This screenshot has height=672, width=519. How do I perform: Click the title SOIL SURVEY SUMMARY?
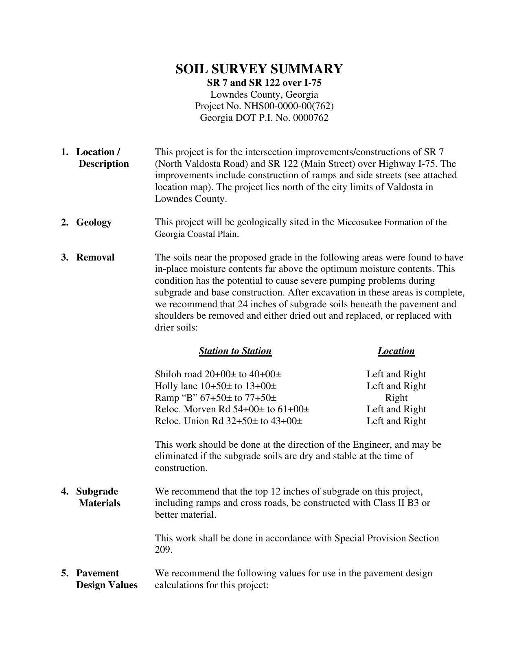click(x=259, y=69)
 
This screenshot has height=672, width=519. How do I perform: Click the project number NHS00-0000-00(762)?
click(x=289, y=106)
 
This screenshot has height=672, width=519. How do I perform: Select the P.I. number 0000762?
click(x=310, y=118)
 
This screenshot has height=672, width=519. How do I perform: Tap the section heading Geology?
click(x=94, y=223)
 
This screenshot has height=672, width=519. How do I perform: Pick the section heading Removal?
click(x=95, y=258)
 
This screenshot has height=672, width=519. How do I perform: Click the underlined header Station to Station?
click(x=235, y=351)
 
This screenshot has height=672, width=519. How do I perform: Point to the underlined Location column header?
click(x=396, y=351)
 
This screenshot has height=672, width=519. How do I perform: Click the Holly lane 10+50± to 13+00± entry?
click(x=216, y=386)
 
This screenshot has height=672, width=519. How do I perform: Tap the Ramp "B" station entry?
click(x=216, y=398)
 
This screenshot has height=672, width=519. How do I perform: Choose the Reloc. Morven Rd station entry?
click(x=232, y=409)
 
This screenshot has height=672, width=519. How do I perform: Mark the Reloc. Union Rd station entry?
click(x=228, y=421)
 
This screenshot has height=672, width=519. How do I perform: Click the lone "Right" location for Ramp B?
click(x=396, y=398)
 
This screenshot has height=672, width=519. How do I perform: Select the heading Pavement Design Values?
click(x=106, y=579)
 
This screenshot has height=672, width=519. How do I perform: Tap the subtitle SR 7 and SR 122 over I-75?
click(x=264, y=83)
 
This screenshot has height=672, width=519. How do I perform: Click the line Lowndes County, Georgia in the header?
click(x=264, y=95)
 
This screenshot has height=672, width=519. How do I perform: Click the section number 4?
click(x=64, y=492)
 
